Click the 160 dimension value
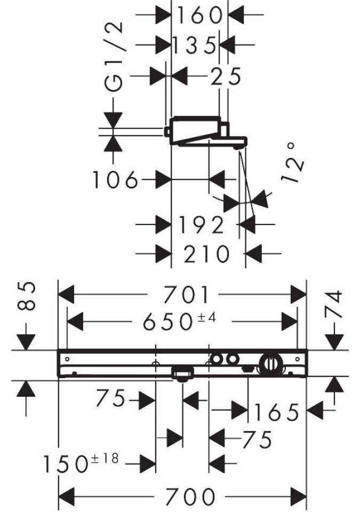199,16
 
